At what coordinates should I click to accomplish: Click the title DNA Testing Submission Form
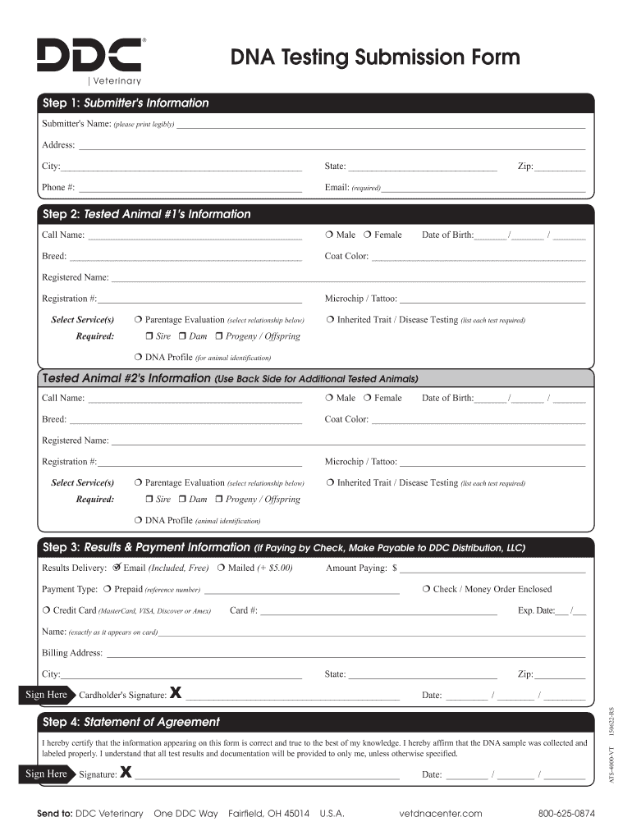[x=374, y=57]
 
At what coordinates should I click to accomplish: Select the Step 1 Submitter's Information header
[x=126, y=103]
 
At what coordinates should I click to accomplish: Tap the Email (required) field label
[x=352, y=188]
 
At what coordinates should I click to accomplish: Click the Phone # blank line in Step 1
[x=190, y=188]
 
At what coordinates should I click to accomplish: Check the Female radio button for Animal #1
[x=367, y=235]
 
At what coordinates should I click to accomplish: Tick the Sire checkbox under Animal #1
[x=149, y=336]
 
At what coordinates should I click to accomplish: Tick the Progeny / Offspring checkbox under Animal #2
[x=219, y=500]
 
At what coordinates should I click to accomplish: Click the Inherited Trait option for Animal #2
[x=329, y=483]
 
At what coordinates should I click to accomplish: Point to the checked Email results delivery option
[x=117, y=568]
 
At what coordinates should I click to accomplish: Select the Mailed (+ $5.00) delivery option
[x=222, y=568]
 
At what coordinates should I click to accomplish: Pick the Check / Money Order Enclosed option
[x=427, y=589]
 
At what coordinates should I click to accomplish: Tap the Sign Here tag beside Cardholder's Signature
[x=46, y=695]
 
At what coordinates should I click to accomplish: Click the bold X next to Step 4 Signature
[x=126, y=772]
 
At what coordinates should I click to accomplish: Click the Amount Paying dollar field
[x=491, y=568]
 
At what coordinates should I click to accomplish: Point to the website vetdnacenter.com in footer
[x=440, y=814]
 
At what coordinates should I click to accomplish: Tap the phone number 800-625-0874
[x=566, y=814]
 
